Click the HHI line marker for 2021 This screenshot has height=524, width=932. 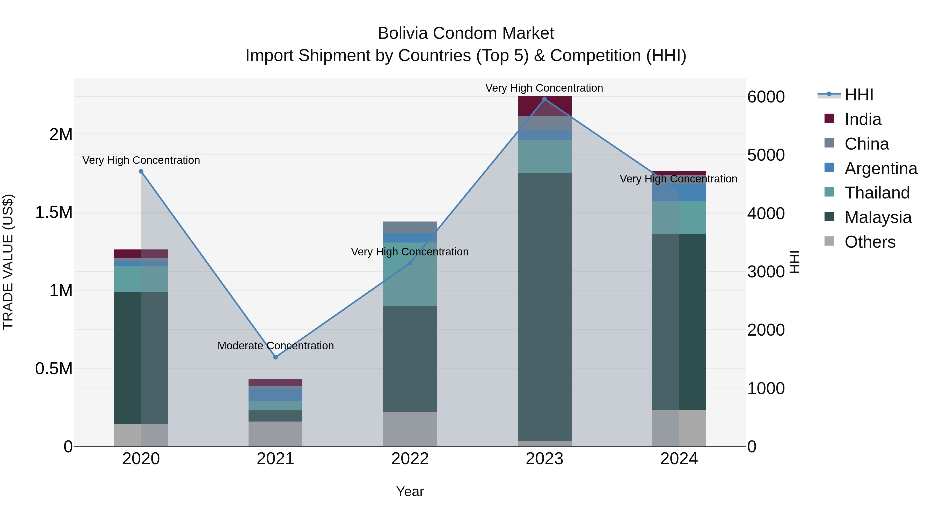point(275,357)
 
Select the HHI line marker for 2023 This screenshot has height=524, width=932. point(544,99)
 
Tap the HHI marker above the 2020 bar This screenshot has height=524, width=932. point(141,171)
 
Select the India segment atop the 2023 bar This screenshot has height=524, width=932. point(544,106)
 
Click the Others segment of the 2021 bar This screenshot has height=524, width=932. point(275,434)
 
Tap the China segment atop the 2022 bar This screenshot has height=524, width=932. point(410,227)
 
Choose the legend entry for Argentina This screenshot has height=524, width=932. point(881,168)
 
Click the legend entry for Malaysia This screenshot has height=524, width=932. point(878,217)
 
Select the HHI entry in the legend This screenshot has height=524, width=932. point(858,95)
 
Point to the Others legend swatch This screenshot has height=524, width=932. point(829,241)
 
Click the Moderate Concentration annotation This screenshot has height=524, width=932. point(275,346)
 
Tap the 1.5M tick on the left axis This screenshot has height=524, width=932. point(54,212)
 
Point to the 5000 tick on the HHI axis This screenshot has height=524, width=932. point(766,155)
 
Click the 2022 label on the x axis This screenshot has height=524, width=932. point(410,459)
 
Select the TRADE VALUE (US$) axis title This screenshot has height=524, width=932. point(8,262)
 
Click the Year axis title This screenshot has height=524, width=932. point(410,491)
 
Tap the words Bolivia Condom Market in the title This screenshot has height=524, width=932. point(466,33)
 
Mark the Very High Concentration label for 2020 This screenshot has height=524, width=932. point(141,160)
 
